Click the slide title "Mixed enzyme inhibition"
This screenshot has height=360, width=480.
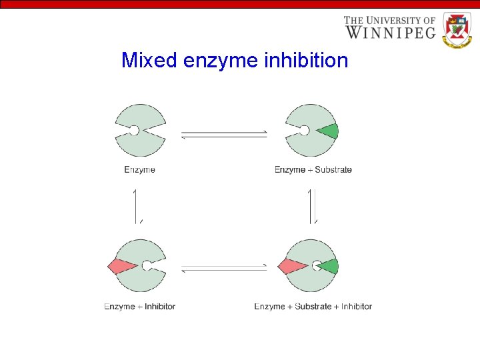pos(235,61)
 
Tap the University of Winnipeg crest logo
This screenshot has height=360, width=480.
pos(457,30)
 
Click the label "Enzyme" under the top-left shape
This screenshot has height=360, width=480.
pos(139,170)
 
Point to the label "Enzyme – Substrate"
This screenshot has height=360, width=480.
pos(313,170)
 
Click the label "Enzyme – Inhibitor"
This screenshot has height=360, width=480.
pos(139,307)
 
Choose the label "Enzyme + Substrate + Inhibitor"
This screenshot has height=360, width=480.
pos(313,307)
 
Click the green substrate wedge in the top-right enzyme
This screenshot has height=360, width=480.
pos(329,131)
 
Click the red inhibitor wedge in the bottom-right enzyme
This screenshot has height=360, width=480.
pos(291,266)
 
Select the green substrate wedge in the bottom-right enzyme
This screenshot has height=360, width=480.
pos(329,267)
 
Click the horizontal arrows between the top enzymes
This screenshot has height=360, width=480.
pos(224,135)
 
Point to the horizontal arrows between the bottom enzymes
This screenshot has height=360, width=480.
pos(224,268)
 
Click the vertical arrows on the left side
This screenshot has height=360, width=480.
pos(138,206)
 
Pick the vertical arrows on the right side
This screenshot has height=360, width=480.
pos(312,206)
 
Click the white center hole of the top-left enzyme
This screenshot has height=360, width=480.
pos(134,131)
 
